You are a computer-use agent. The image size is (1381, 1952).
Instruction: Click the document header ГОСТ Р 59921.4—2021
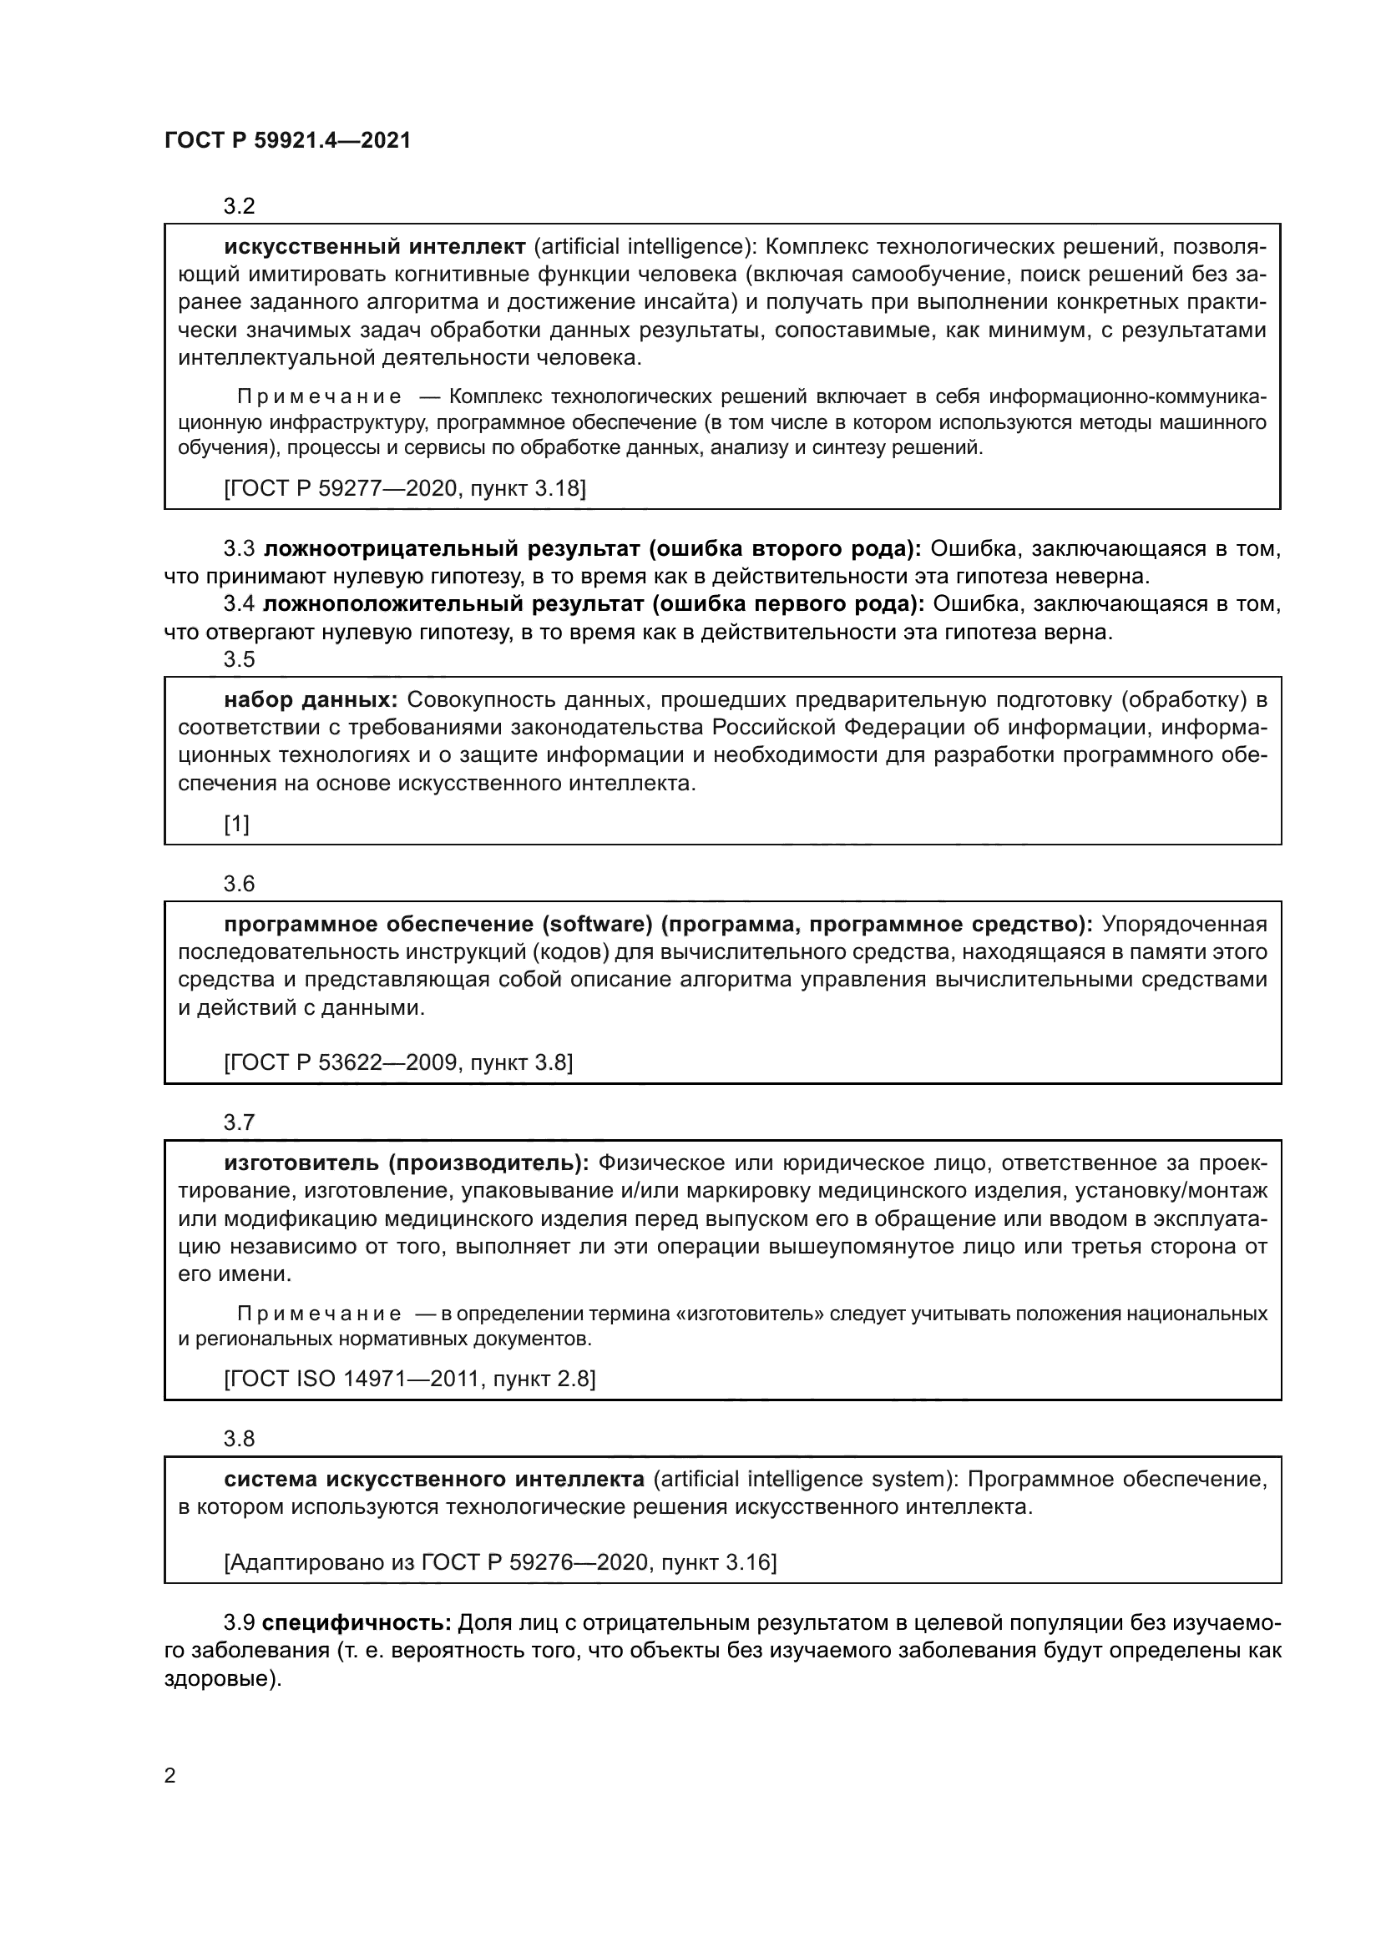point(287,141)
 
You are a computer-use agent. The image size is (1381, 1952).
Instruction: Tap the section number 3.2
point(239,206)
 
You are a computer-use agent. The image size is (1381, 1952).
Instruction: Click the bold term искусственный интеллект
point(375,246)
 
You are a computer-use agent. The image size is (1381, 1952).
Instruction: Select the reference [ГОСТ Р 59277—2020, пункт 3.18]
point(405,488)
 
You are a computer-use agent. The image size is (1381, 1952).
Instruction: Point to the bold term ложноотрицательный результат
point(451,548)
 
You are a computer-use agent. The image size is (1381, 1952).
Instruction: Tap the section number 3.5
point(239,659)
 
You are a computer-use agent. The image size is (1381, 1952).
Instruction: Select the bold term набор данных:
point(311,699)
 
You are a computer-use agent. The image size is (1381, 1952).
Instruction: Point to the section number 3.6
point(239,883)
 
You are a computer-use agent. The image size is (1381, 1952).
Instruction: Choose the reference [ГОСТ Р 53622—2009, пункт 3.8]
point(398,1062)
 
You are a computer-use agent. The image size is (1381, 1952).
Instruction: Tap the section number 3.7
point(239,1122)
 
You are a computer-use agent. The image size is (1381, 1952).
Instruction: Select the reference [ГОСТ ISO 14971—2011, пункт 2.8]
point(409,1378)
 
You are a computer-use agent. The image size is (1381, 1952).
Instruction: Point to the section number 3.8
point(239,1439)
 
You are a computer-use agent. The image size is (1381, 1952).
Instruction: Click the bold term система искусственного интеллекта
point(433,1480)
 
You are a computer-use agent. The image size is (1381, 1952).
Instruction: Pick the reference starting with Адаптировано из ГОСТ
point(500,1561)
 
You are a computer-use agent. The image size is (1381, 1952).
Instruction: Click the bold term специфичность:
point(357,1623)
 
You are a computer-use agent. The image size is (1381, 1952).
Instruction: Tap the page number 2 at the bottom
point(170,1776)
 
